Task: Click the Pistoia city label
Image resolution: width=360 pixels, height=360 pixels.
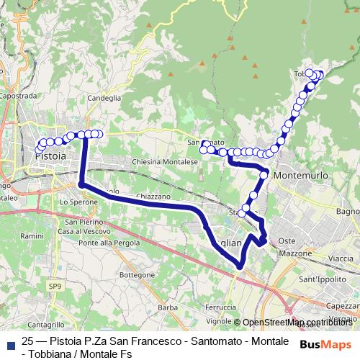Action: (x=50, y=156)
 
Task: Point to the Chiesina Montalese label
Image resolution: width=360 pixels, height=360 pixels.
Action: (x=164, y=163)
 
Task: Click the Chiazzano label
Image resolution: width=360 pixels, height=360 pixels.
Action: (x=152, y=196)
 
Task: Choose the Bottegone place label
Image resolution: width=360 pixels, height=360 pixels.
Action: (x=137, y=275)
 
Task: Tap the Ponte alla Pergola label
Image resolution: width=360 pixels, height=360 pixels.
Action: (x=110, y=243)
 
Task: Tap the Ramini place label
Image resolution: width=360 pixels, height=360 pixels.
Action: (x=32, y=236)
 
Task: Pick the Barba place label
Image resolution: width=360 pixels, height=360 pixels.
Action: (x=167, y=307)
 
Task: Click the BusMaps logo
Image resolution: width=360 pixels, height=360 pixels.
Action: (x=325, y=344)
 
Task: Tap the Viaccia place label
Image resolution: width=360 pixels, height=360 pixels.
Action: (x=341, y=257)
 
